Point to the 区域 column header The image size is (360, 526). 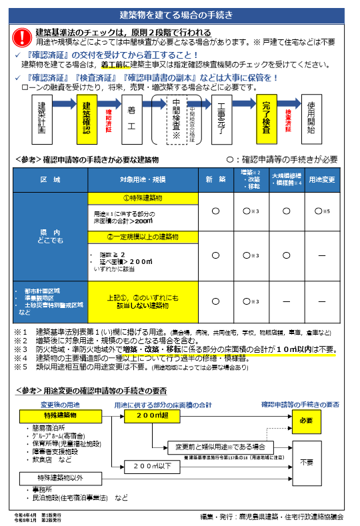[50, 180]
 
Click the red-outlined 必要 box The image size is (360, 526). [306, 421]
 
